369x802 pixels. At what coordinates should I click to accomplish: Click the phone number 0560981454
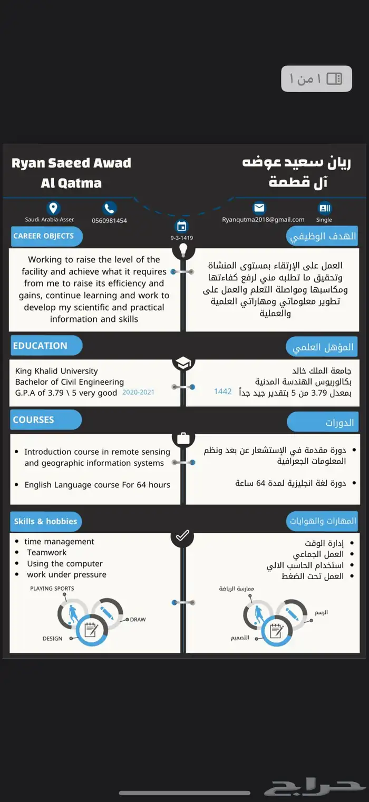coord(109,221)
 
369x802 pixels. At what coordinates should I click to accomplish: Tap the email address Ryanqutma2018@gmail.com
coord(263,220)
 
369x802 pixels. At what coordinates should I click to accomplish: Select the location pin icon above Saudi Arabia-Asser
coord(53,208)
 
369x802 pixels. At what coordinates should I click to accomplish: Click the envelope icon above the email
coord(259,208)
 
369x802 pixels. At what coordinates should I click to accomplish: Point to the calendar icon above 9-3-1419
coord(182,227)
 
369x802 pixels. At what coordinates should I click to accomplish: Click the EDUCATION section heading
coord(41,346)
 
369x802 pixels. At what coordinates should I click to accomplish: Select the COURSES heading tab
coord(34,420)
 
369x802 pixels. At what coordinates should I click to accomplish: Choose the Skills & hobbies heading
coord(46,522)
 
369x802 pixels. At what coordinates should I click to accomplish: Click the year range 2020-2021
coord(138,393)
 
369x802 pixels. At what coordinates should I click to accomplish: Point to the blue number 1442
coord(222,392)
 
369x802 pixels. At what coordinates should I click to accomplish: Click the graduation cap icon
coord(183,363)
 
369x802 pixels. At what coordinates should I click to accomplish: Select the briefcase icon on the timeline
coord(183,438)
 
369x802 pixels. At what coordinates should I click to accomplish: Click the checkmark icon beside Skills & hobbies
coord(182,536)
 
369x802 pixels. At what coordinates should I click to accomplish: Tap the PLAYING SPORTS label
coord(52,589)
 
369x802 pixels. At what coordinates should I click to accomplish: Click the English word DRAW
coord(138,620)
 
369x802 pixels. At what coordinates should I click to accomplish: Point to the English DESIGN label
coord(53,639)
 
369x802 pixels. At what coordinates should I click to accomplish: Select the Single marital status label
coord(324,220)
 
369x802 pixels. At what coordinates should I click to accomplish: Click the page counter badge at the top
coord(316,79)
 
